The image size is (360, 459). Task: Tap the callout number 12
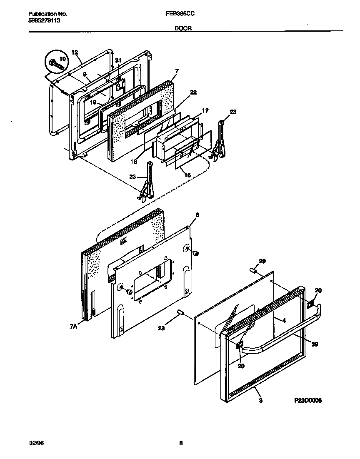(75, 52)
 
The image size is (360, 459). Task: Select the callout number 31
(118, 61)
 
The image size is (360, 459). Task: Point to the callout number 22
(193, 92)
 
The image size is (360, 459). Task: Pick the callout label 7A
(73, 327)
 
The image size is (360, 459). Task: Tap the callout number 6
(197, 215)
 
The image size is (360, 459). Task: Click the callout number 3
(260, 401)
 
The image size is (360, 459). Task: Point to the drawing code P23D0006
(307, 401)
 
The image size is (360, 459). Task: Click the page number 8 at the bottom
(181, 444)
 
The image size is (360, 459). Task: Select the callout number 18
(93, 102)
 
